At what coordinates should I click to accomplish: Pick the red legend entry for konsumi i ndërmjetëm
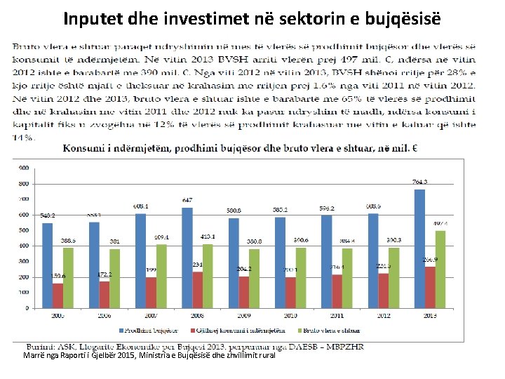[256, 331]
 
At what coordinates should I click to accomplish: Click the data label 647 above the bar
[187, 201]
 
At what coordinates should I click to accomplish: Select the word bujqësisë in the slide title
[405, 17]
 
